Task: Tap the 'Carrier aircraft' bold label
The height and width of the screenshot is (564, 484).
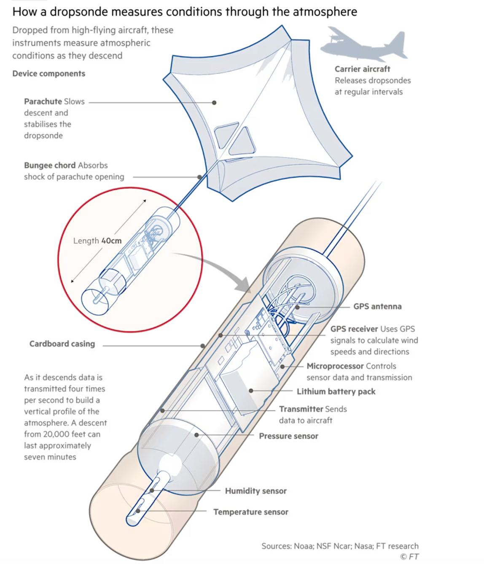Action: pos(362,69)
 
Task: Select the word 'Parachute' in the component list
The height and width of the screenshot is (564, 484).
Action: pos(43,101)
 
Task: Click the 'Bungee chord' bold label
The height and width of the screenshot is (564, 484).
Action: pos(50,165)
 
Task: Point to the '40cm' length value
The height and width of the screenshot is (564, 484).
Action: pos(111,241)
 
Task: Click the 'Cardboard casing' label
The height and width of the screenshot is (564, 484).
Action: pos(62,344)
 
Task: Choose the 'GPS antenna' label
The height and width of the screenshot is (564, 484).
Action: pos(377,306)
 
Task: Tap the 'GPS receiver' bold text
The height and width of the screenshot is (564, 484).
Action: pos(354,329)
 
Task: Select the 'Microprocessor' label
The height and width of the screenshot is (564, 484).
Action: pos(335,366)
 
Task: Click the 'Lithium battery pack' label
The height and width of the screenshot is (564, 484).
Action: pos(336,391)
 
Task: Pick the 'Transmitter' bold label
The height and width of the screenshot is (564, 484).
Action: pos(301,409)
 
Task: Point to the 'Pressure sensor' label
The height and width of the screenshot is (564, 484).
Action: pos(288,436)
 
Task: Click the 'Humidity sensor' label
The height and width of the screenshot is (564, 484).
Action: pos(255,491)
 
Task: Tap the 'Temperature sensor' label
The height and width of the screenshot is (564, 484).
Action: pos(250,512)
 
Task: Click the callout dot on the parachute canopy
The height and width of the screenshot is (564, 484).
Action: pos(214,103)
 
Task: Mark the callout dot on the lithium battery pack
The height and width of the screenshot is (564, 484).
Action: pos(251,391)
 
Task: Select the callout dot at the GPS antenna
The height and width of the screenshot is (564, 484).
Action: pos(297,307)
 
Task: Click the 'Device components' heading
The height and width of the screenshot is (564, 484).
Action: pos(48,73)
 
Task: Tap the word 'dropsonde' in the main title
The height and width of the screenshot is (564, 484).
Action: pos(79,12)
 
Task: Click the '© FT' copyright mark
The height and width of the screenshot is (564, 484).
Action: pos(409,556)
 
